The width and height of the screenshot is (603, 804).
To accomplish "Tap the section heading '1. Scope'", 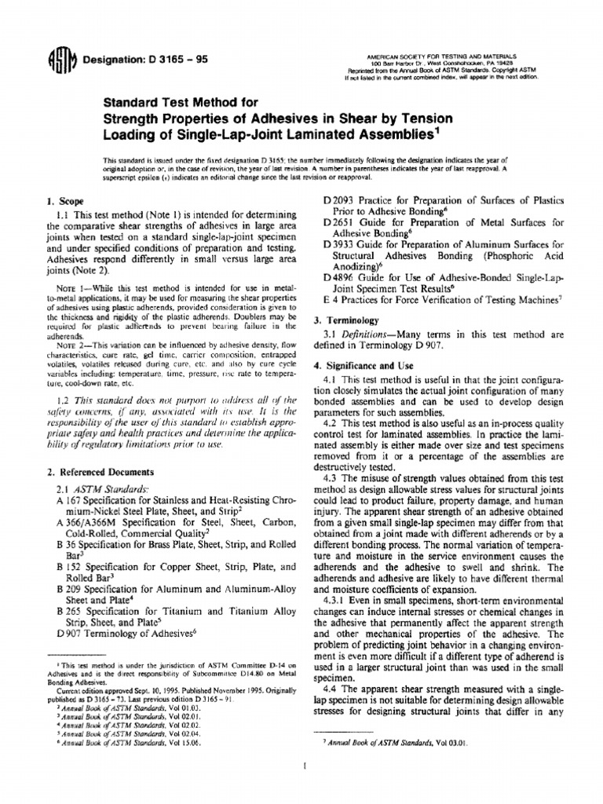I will [64, 202].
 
